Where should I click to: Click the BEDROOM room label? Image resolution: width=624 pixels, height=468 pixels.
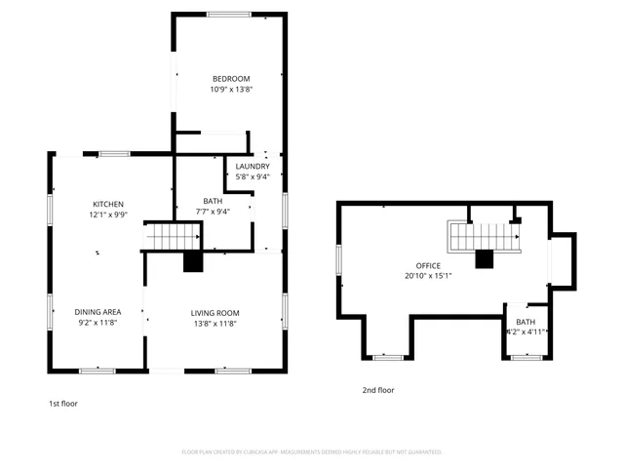(x=231, y=78)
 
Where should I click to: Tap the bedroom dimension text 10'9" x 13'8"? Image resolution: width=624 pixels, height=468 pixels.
(x=231, y=89)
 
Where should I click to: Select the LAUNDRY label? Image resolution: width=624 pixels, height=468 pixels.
(x=253, y=167)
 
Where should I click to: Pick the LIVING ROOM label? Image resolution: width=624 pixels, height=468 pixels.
(x=214, y=313)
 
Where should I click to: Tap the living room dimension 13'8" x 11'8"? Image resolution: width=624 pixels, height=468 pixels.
(x=214, y=324)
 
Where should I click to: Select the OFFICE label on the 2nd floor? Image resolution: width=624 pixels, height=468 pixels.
(x=428, y=265)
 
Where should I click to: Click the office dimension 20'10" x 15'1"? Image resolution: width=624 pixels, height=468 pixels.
(x=428, y=276)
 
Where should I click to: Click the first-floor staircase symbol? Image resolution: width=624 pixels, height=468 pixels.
(x=173, y=236)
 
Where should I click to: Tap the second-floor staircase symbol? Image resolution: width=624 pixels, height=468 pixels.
(x=480, y=235)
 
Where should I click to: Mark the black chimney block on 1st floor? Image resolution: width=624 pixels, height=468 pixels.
(x=193, y=260)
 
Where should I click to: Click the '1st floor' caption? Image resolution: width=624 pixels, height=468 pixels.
(x=63, y=403)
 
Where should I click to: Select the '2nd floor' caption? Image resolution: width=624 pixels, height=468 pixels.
(x=378, y=390)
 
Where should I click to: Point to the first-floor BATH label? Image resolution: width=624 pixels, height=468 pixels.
(x=213, y=201)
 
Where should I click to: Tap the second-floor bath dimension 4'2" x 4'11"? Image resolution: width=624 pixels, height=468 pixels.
(x=526, y=332)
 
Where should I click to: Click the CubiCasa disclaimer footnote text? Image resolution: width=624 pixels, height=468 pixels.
(x=312, y=451)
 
